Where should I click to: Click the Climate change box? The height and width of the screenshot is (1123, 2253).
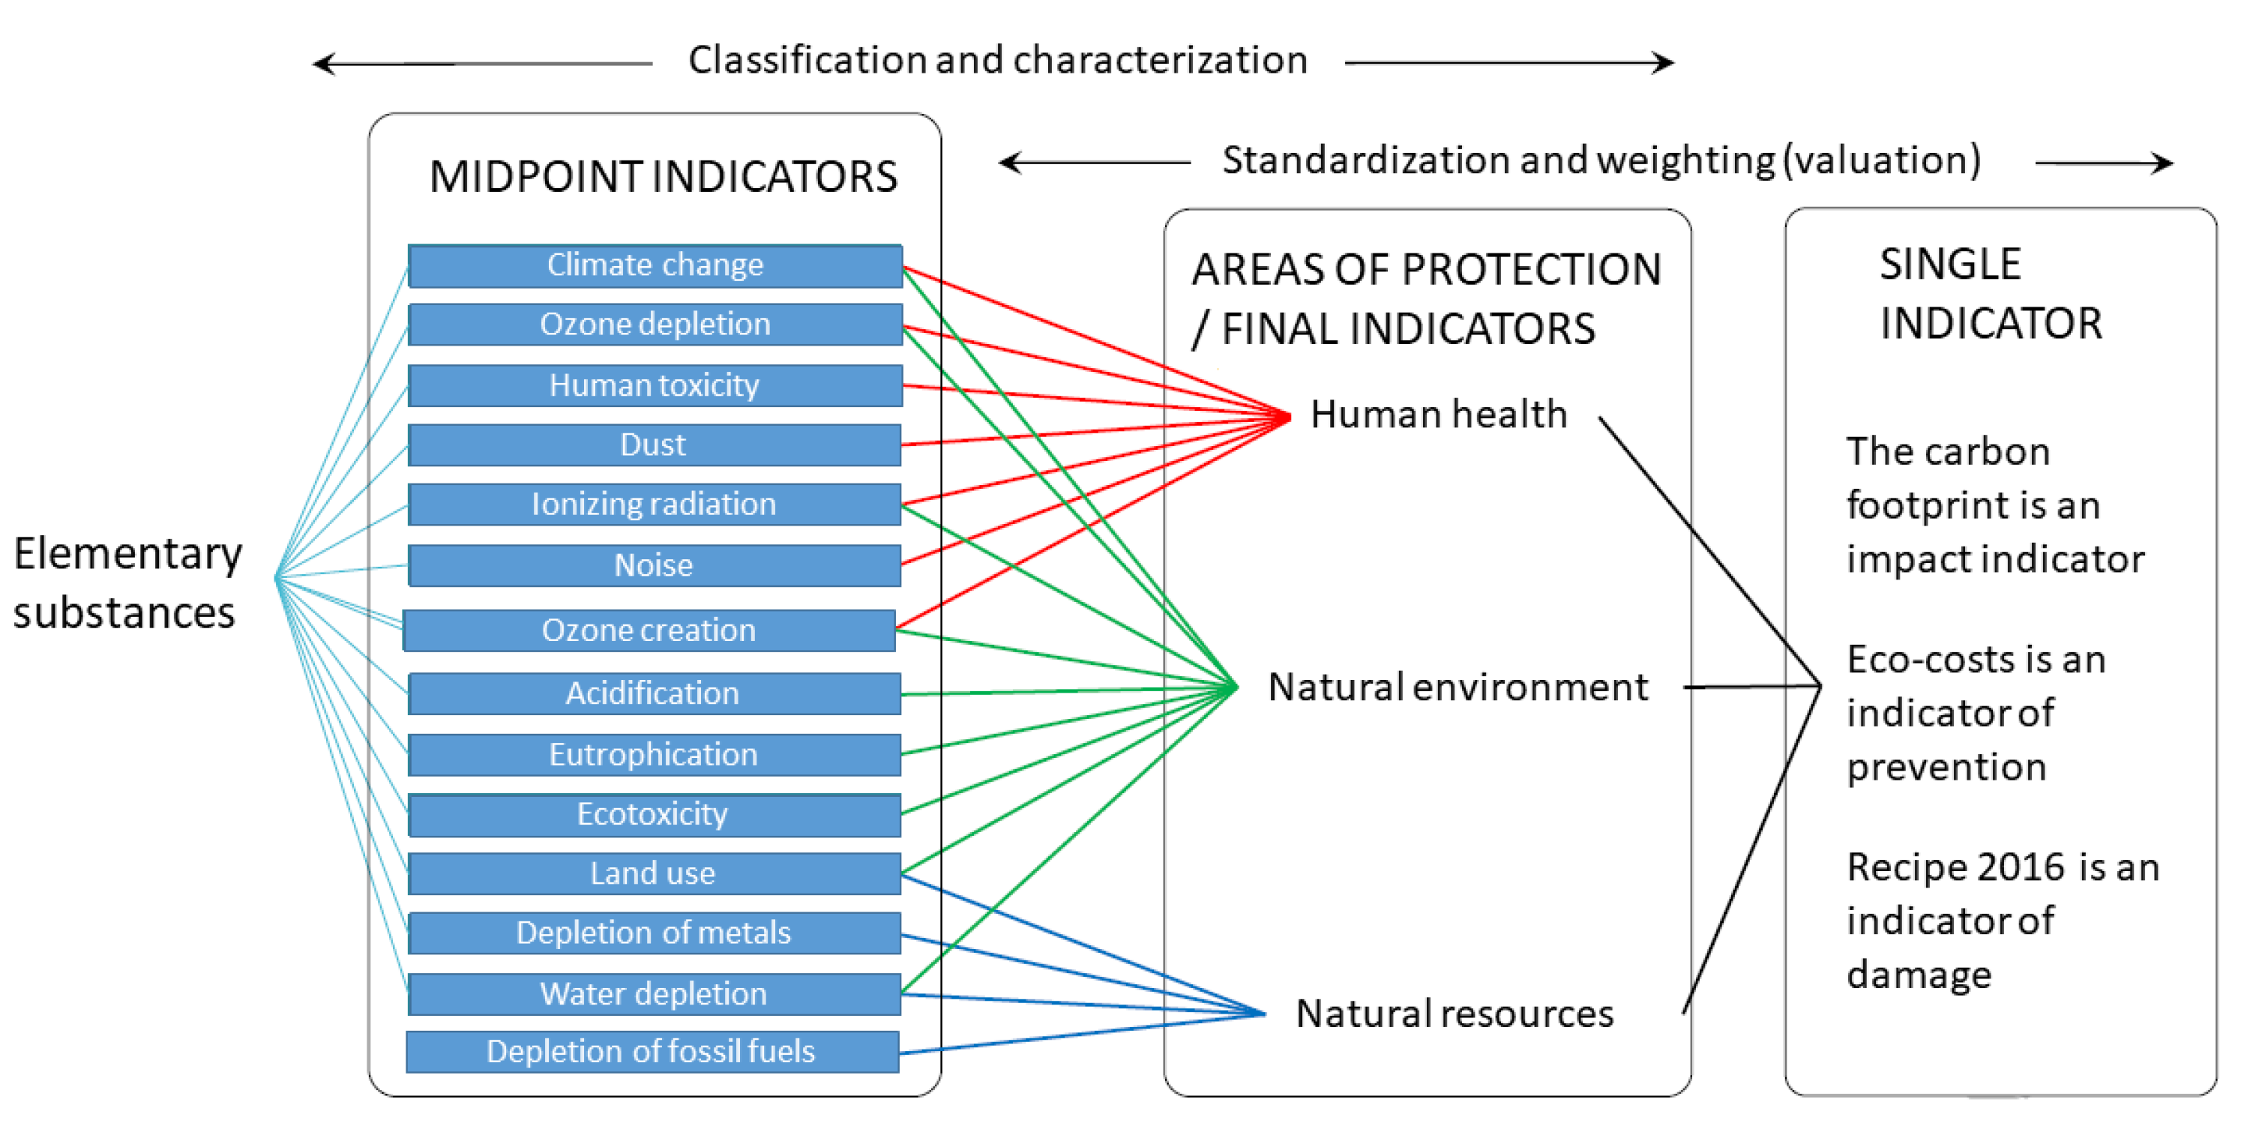coord(655,265)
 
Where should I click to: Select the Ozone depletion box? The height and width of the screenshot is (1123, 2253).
coord(655,325)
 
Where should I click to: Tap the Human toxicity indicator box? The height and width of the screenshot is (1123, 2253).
coord(655,385)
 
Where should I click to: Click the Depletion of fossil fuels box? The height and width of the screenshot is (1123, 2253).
coord(652,1053)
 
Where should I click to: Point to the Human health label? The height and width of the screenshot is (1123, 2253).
coord(1439,415)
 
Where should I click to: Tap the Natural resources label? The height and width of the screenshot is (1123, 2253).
coord(1454,1014)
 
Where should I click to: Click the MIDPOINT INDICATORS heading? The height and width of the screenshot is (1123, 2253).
coord(663,177)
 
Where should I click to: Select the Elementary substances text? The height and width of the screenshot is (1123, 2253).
coord(127,583)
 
